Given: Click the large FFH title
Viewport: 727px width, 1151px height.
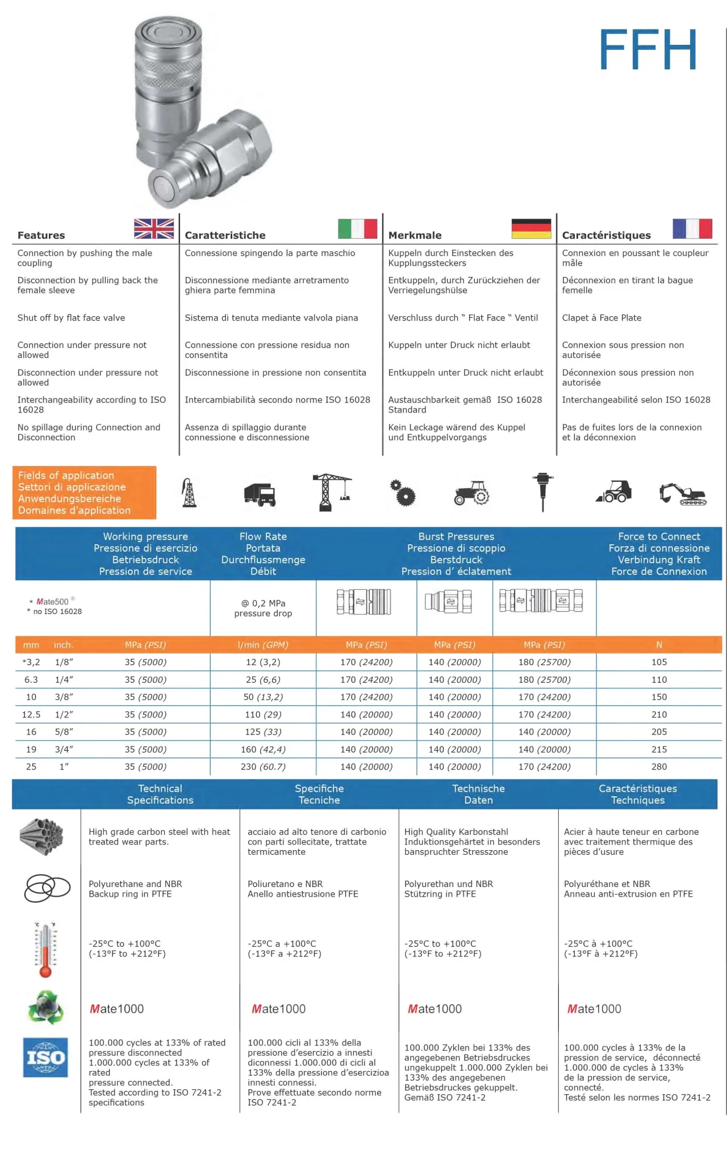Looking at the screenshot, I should (647, 50).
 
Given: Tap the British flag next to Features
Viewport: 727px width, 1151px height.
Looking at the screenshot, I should (154, 229).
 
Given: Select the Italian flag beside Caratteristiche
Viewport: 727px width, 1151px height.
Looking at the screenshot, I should (357, 229).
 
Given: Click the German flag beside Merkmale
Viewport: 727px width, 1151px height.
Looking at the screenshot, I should (531, 229).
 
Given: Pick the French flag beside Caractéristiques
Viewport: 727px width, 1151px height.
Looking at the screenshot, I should (692, 229).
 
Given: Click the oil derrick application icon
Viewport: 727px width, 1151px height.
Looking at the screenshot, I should (189, 493).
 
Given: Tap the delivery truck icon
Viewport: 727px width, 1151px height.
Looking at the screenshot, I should (260, 494).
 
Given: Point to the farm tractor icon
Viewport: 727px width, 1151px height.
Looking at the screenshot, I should (471, 493).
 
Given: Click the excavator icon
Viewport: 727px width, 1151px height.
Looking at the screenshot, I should (682, 494).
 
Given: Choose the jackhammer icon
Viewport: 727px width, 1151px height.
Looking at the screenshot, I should (543, 492).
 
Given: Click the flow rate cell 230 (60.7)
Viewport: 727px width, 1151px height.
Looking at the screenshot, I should (263, 767).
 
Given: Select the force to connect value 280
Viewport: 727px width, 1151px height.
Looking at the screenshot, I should (659, 767).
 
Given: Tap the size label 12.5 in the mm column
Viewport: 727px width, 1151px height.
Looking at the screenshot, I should (31, 715).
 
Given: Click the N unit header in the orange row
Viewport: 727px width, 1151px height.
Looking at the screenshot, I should (659, 645).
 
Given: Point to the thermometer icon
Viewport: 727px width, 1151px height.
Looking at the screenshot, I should (45, 949).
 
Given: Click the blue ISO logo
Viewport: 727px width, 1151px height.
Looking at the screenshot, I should (45, 1057).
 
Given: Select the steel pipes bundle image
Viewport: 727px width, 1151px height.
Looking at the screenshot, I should (41, 837).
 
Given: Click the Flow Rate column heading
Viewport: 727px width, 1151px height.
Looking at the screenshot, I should (263, 553).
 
